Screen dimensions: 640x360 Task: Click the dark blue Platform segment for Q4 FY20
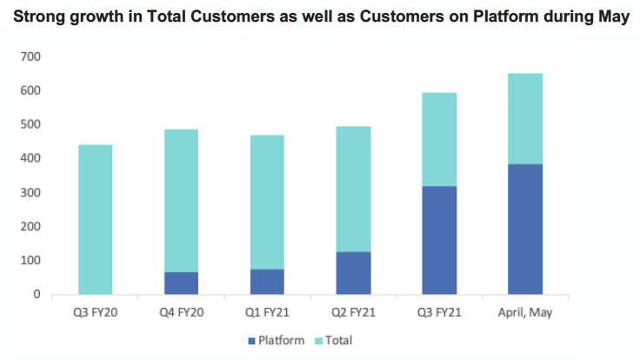[x=181, y=283]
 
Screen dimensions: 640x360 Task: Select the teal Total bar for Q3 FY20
[x=96, y=220]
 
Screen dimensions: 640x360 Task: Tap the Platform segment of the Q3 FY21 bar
[x=439, y=240]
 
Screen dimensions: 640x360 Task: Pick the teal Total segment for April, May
[x=525, y=119]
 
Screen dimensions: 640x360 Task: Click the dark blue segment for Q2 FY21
[x=353, y=273]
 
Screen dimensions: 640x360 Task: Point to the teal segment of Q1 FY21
[x=267, y=202]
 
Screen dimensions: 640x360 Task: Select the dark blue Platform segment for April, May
[x=525, y=230]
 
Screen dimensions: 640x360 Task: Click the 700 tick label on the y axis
[x=30, y=57]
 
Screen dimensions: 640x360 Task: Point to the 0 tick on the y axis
[x=37, y=294]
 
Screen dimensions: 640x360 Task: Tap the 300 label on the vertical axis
[x=30, y=193]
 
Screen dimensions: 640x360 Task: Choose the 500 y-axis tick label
[x=30, y=124]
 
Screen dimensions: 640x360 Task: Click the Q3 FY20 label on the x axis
[x=96, y=313]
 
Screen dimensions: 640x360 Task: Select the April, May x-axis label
[x=525, y=313]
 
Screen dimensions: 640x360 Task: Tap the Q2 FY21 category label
[x=353, y=313]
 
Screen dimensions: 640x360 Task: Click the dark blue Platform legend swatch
[x=252, y=341]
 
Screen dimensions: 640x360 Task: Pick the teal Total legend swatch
[x=319, y=341]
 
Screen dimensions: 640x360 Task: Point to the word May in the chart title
[x=613, y=17]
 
